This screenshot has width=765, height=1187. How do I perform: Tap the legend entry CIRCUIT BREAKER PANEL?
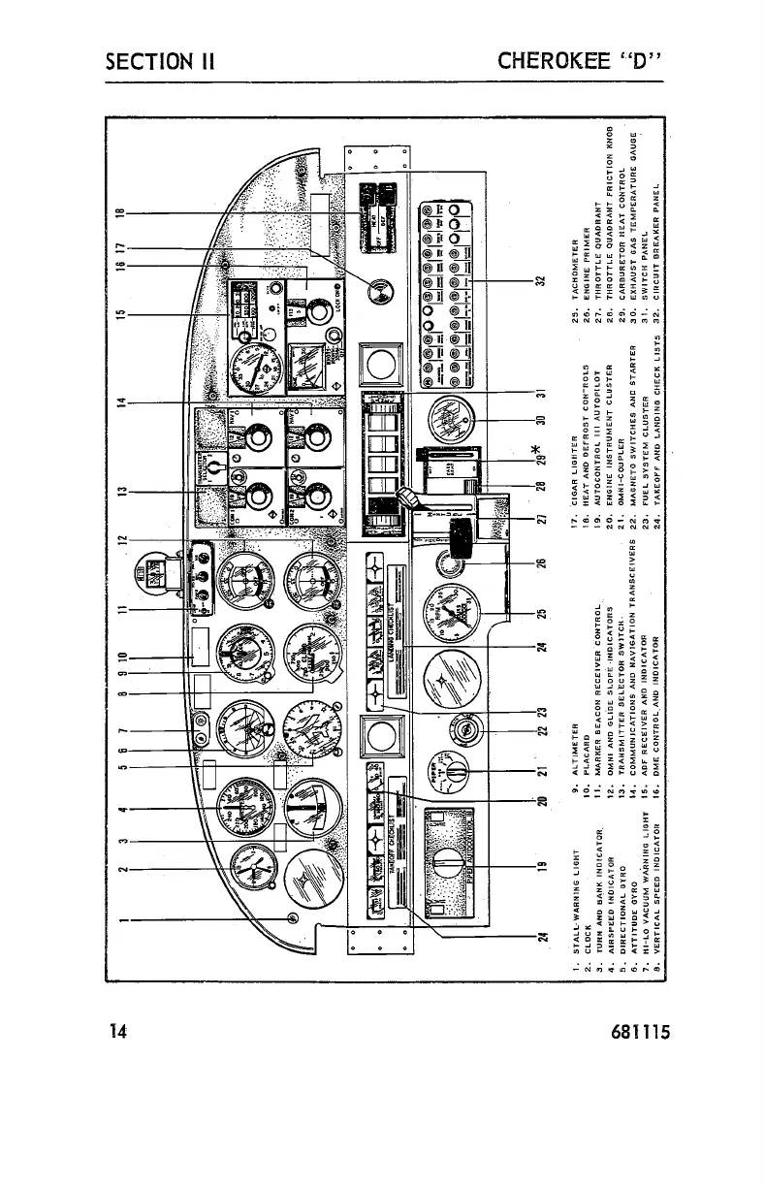click(x=659, y=247)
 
